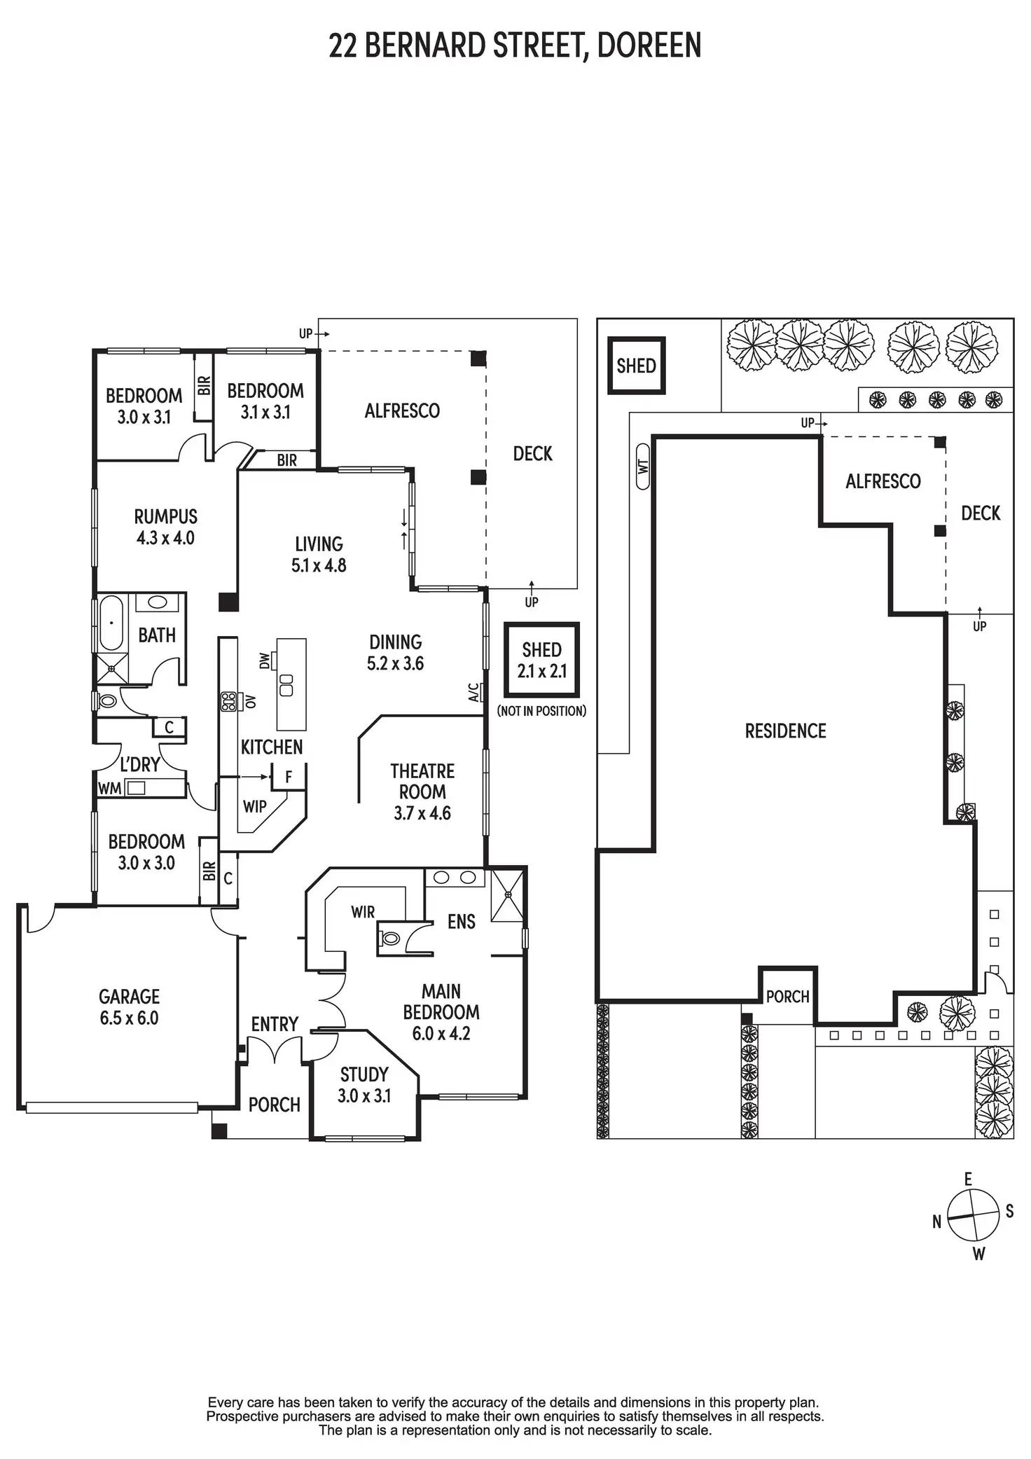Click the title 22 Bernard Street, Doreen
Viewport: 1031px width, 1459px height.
point(515,46)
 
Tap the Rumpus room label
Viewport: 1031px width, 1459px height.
point(166,527)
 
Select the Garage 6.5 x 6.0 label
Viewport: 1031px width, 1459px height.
point(129,1007)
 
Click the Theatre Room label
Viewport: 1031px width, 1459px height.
point(422,791)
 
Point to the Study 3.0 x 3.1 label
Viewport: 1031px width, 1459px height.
point(364,1084)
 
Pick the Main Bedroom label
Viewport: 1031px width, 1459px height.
point(441,1011)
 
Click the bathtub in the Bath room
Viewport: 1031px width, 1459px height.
point(111,623)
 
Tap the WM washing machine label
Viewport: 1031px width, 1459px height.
point(109,789)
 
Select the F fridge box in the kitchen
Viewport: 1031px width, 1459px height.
point(289,777)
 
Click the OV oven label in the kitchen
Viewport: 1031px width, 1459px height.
point(250,701)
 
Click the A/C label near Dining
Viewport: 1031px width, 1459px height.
point(474,693)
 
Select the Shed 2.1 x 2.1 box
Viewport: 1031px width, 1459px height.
point(541,660)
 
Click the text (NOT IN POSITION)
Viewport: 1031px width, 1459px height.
point(541,711)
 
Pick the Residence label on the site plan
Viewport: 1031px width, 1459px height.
point(785,731)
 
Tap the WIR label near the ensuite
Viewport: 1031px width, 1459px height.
point(363,912)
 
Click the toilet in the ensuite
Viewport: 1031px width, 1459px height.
point(390,938)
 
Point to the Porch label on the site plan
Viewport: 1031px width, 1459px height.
point(787,996)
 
